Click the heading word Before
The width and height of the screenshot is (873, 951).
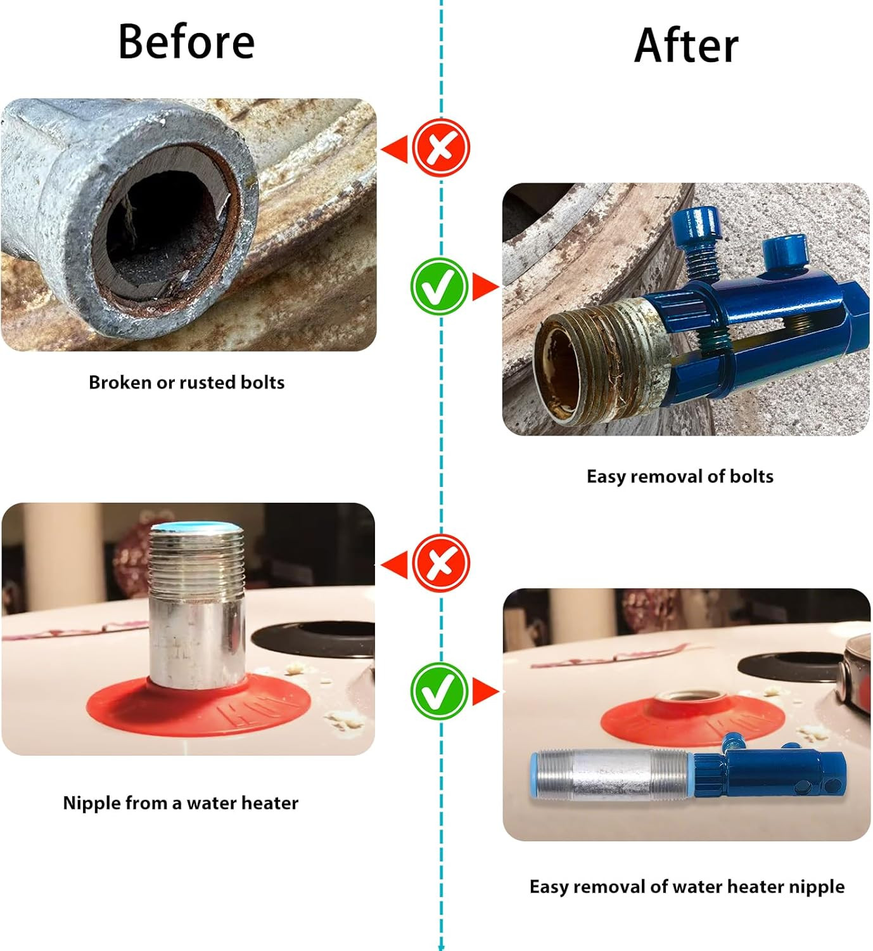186,42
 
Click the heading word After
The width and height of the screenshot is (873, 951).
686,46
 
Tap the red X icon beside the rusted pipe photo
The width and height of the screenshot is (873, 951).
441,148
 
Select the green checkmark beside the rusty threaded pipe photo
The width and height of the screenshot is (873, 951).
439,287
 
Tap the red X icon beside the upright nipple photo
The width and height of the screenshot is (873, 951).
441,563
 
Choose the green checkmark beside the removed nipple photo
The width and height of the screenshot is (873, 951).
439,692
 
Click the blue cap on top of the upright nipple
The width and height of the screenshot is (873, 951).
196,526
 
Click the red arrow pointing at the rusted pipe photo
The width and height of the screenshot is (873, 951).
394,149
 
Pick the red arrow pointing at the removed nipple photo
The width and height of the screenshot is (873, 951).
486,692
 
